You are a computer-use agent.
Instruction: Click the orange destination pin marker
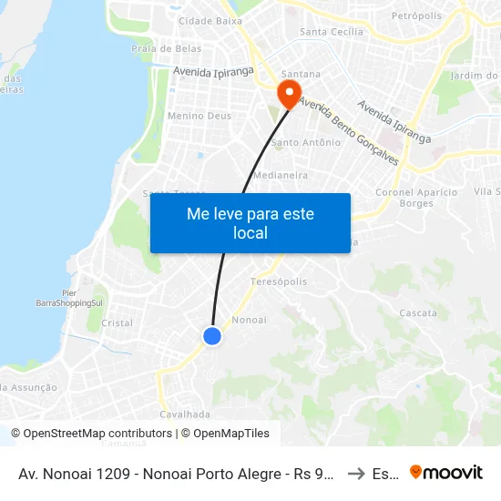(x=289, y=93)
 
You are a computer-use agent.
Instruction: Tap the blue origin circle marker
(x=212, y=336)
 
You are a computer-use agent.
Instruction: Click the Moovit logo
(x=446, y=472)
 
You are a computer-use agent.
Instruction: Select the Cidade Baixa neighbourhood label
(x=210, y=20)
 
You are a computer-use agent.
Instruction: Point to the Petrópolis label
(x=415, y=16)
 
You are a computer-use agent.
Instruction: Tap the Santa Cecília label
(x=332, y=32)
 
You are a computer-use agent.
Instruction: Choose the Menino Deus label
(x=199, y=116)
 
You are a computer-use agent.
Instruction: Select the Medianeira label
(x=281, y=174)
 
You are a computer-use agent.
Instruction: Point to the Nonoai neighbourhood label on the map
(x=249, y=320)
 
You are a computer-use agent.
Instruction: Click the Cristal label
(x=117, y=322)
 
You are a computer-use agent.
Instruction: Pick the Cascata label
(x=418, y=312)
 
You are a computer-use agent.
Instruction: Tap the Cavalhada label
(x=179, y=414)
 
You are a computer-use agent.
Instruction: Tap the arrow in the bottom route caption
(x=357, y=473)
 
